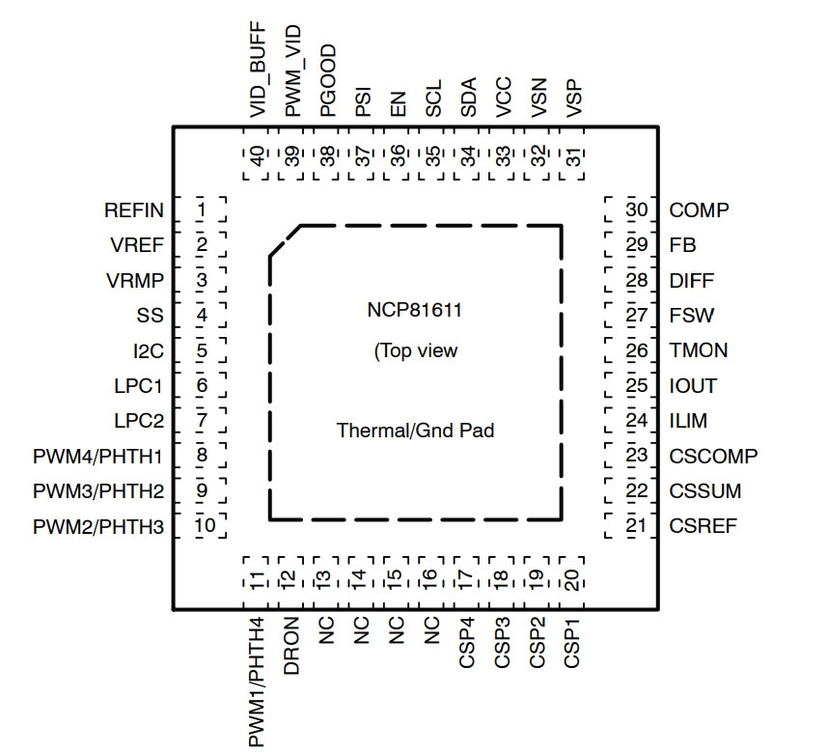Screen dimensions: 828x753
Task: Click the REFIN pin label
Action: (134, 210)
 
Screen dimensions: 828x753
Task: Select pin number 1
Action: (201, 210)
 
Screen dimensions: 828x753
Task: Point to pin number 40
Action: (257, 156)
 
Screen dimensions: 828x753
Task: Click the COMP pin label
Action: (699, 210)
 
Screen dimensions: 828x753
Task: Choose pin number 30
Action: (637, 209)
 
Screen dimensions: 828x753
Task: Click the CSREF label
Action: (703, 526)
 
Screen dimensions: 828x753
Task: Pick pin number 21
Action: (636, 526)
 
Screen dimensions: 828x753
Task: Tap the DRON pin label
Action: (291, 646)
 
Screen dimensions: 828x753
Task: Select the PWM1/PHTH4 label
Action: (256, 682)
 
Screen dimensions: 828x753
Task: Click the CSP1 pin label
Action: (572, 643)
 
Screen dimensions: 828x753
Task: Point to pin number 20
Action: (572, 580)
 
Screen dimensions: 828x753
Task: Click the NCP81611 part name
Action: (415, 310)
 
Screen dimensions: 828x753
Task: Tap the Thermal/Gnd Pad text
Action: (416, 431)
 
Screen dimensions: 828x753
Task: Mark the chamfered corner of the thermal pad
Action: (285, 241)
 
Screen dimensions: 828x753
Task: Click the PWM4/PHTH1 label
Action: (97, 457)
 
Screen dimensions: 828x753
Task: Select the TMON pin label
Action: (699, 350)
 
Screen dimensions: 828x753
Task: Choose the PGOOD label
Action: (328, 80)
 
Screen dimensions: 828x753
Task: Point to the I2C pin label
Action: (149, 350)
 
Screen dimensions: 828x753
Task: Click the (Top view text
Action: (416, 350)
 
